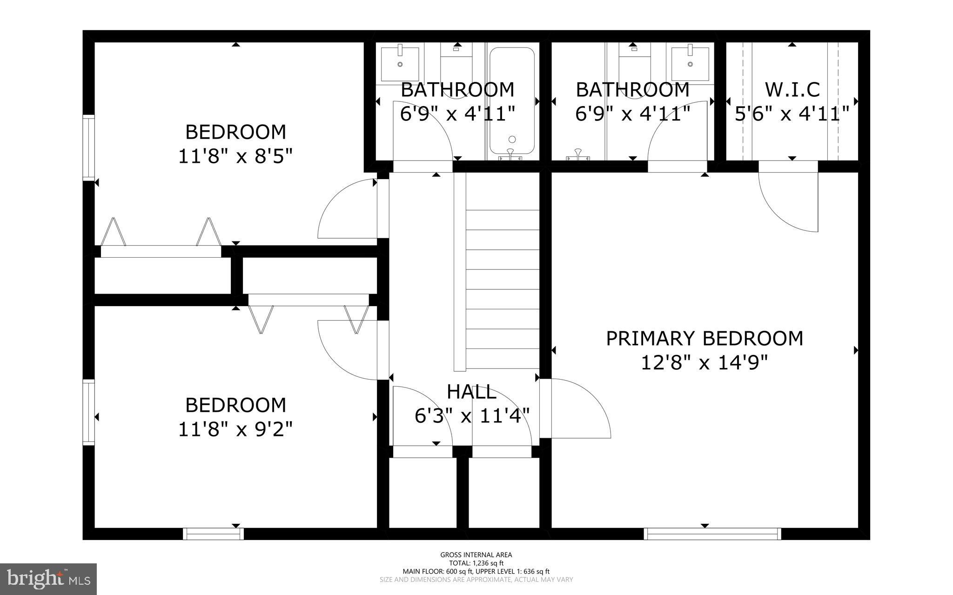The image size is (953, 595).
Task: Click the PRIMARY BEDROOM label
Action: pos(704,338)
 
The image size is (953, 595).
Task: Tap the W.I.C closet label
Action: pos(792,89)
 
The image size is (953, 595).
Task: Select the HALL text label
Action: pos(471,392)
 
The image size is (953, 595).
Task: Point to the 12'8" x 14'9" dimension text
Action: pos(704,362)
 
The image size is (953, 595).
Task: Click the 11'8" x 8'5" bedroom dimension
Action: pos(235,156)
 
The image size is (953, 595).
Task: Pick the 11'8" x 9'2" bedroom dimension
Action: pos(235,429)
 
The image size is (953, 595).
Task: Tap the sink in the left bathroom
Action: pos(399,63)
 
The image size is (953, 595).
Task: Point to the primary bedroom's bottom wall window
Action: pos(712,534)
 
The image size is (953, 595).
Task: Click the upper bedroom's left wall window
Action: pos(88,147)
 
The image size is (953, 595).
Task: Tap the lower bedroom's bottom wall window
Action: pos(213,534)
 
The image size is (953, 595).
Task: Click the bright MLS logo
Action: pos(48,579)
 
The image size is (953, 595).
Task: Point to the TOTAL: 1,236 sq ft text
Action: pos(476,563)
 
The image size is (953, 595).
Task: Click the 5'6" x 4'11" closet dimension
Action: pos(792,114)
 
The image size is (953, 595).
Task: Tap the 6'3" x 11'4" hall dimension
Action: pos(472,416)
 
